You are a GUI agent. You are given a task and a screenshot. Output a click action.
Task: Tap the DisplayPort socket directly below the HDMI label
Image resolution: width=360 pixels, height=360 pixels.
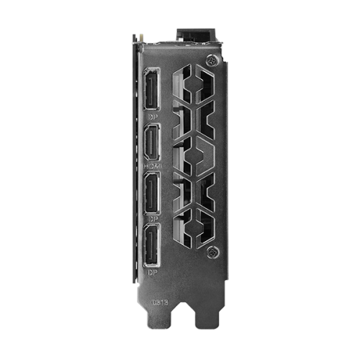click(153, 194)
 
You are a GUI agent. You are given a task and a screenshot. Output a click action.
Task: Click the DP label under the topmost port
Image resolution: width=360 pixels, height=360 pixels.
click(152, 116)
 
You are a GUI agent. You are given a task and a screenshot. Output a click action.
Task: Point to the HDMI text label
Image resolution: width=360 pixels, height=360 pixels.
click(153, 166)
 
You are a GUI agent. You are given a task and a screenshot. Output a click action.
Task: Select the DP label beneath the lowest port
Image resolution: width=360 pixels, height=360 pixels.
click(152, 273)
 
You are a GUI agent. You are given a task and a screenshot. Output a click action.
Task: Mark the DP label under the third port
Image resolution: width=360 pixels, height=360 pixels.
click(152, 219)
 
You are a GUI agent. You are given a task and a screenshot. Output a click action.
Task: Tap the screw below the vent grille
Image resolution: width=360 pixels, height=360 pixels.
click(212, 253)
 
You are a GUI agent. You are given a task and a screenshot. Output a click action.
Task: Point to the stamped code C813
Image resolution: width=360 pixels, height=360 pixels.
click(160, 302)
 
